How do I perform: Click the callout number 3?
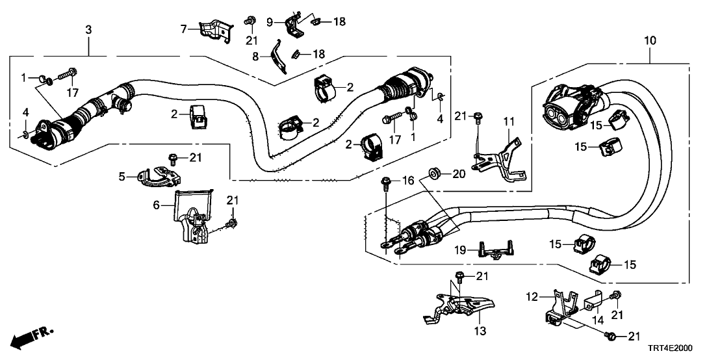pos(88,29)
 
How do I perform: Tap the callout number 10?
pos(650,41)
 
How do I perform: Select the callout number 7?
pos(184,28)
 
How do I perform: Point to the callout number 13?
pos(480,331)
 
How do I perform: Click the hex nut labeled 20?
pos(433,174)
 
